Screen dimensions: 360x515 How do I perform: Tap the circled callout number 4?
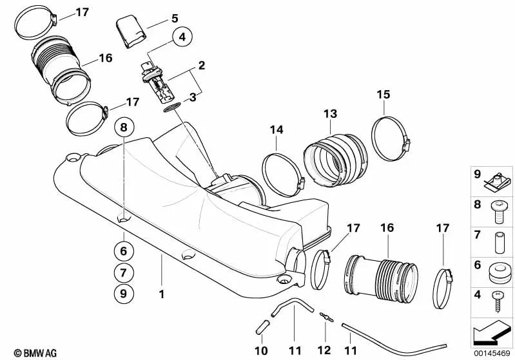coord(182,37)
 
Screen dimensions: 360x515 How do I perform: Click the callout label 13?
coord(330,114)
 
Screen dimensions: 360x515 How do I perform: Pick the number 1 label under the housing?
coord(162,294)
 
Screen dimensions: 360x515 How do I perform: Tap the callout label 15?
coord(384,95)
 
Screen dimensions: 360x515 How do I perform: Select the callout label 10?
coord(261,351)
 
